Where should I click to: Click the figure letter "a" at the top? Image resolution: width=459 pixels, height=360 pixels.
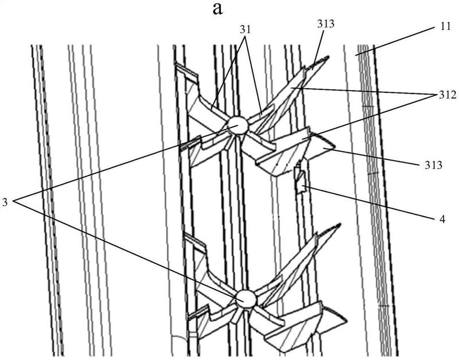coord(229,9)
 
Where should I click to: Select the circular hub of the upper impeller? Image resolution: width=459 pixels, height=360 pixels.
coord(236,125)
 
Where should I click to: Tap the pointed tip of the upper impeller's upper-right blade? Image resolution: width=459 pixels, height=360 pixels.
coord(327,58)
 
